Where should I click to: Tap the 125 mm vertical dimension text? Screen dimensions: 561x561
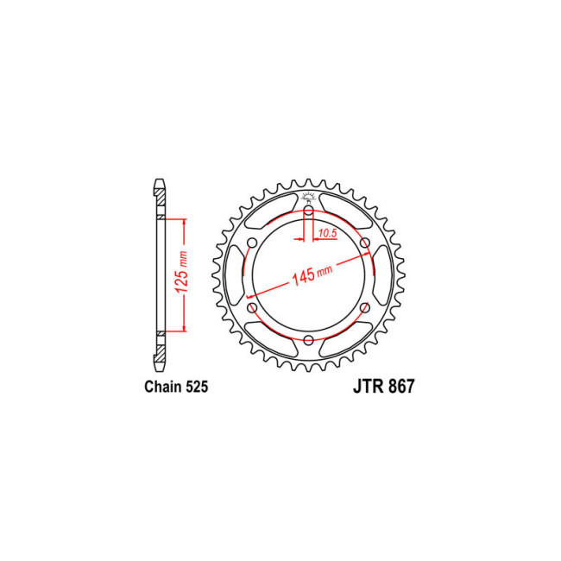click(183, 274)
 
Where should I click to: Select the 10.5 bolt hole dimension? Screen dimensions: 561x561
click(325, 234)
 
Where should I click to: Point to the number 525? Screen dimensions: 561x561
click(195, 388)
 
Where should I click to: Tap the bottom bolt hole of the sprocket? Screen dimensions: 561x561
click(308, 339)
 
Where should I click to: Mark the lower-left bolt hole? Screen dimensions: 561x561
click(252, 307)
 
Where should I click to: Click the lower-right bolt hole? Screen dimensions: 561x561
click(364, 307)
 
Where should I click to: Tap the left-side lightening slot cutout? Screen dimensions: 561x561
click(234, 274)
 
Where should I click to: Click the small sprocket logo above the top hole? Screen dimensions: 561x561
click(308, 198)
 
